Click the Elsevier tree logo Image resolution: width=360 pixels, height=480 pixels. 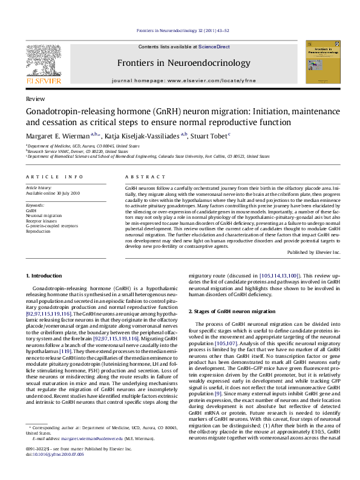point(42,62)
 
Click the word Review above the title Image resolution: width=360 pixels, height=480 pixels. point(34,98)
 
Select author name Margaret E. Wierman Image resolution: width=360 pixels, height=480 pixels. point(57,135)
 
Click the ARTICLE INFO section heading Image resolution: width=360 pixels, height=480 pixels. point(54,177)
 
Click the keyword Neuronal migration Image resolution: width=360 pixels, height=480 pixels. point(44,215)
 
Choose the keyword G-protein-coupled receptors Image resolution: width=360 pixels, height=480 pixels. point(52,225)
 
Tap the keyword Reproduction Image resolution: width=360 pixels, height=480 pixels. point(39,230)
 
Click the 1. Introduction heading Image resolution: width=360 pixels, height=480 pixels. point(45,276)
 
